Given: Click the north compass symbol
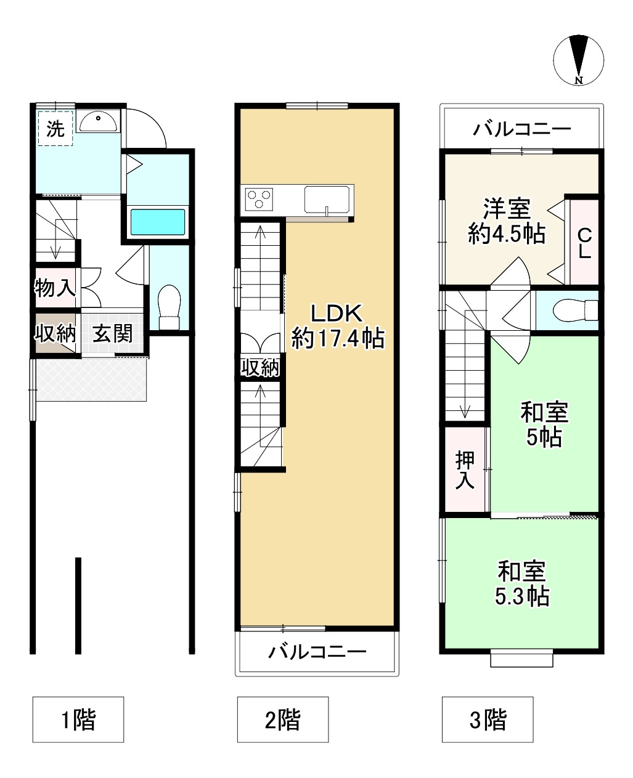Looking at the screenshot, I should click(x=578, y=60).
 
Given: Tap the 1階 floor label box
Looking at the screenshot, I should click(x=78, y=719).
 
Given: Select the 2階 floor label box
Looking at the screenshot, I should click(x=283, y=719).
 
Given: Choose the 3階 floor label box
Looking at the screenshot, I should click(x=487, y=719).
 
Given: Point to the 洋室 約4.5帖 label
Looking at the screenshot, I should click(x=505, y=221).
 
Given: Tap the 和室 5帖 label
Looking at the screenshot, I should click(x=544, y=424).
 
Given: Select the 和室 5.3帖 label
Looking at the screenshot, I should click(x=521, y=584).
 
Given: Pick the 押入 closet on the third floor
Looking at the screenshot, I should click(x=465, y=470).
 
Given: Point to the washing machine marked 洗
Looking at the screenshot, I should click(x=55, y=128).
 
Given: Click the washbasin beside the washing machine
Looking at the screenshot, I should click(x=99, y=121).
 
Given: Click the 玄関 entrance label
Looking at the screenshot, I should click(x=113, y=333).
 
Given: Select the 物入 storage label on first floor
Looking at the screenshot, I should click(x=55, y=287).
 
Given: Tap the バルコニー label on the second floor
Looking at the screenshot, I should click(x=317, y=652).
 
